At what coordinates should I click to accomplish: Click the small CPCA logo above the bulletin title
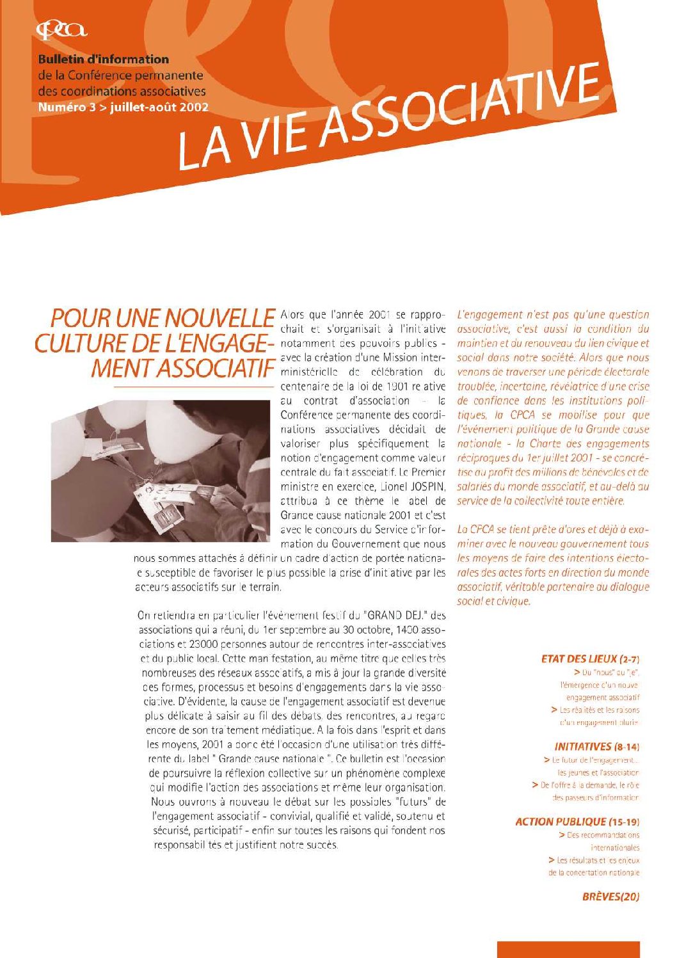coord(61,29)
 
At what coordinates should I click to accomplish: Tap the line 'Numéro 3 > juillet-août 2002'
coord(123,108)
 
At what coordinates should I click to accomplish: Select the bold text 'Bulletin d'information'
coord(103,60)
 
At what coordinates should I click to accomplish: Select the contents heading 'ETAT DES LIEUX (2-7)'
coord(590,659)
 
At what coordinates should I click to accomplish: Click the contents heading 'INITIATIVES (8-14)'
coord(596,746)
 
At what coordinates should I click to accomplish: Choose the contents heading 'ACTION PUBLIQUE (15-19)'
coord(577,822)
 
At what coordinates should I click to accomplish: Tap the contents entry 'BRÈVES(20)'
coord(610,897)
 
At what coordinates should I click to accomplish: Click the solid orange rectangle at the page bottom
coord(568,949)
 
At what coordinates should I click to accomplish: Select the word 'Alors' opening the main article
coord(293,315)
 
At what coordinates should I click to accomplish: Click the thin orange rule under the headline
coord(192,387)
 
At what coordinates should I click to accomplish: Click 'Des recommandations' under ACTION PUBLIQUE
coord(603,835)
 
